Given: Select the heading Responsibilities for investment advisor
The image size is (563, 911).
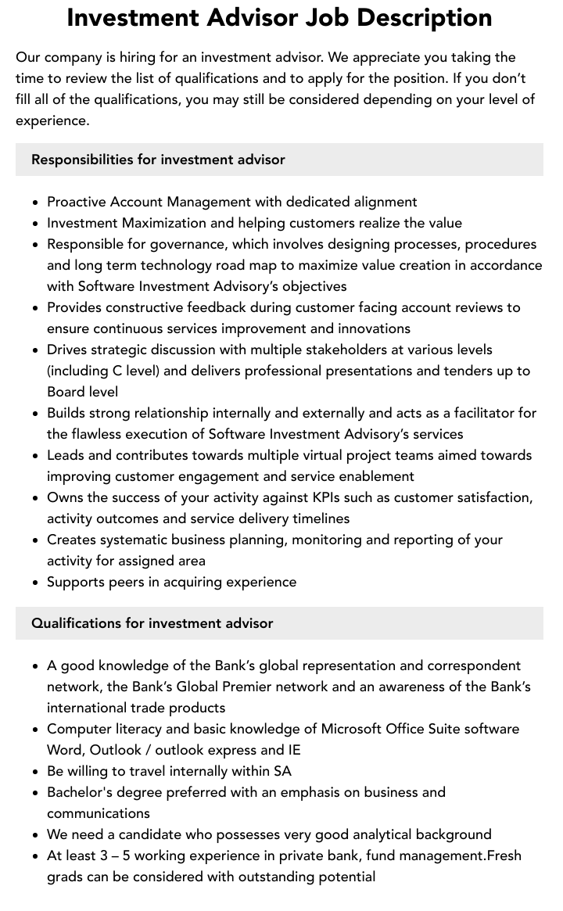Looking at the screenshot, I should coord(158,160).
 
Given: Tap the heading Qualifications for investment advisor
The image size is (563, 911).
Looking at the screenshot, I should coord(152,623).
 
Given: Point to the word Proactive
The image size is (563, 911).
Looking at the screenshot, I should coord(76,202).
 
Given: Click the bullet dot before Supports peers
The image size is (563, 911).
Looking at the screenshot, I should coord(36,583).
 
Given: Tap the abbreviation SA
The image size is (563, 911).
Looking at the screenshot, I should coord(282,771).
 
